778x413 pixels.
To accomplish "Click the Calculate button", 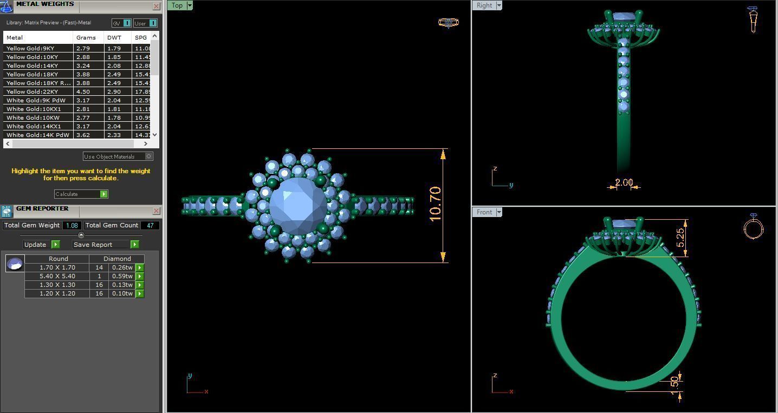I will (x=81, y=194).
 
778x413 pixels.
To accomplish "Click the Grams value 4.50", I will (x=83, y=91).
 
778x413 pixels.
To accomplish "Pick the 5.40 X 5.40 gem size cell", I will (x=57, y=276).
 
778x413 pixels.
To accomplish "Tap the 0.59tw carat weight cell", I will (x=122, y=276).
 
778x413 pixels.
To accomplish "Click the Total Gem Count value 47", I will (x=150, y=225).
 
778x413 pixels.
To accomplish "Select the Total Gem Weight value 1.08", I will (x=72, y=225).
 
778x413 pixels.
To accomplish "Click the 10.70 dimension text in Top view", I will (x=435, y=204).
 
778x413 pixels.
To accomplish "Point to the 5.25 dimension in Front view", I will (x=680, y=238).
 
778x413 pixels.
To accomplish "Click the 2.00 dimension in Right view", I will (x=624, y=182).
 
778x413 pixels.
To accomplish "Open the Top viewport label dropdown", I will (x=190, y=5).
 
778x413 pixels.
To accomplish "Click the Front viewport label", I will (x=484, y=212).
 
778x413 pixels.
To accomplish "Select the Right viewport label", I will (x=484, y=5).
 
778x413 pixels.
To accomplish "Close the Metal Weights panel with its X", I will (x=157, y=6).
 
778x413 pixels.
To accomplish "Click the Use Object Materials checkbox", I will (x=149, y=156).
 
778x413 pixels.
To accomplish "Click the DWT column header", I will (x=114, y=37).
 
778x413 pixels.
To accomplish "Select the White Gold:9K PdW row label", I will (x=36, y=100).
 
